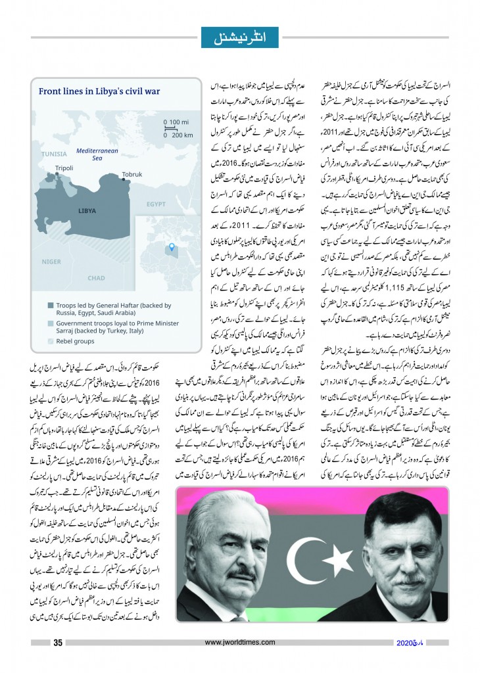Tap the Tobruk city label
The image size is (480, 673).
click(x=132, y=175)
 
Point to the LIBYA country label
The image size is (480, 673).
click(x=87, y=212)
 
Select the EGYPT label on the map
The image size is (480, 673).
click(x=156, y=204)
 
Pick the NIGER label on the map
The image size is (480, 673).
click(x=51, y=261)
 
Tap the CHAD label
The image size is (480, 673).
click(x=96, y=278)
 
